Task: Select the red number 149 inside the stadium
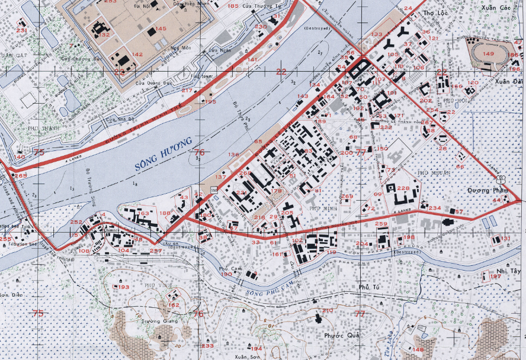pyautogui.click(x=488, y=54)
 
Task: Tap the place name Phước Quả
pyautogui.click(x=339, y=335)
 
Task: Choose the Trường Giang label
pyautogui.click(x=153, y=322)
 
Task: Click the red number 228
pyautogui.click(x=403, y=188)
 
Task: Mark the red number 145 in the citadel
pyautogui.click(x=161, y=28)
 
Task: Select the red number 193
pyautogui.click(x=123, y=287)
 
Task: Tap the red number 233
pyautogui.click(x=207, y=346)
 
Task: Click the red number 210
pyautogui.click(x=328, y=311)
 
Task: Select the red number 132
pyautogui.click(x=105, y=35)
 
